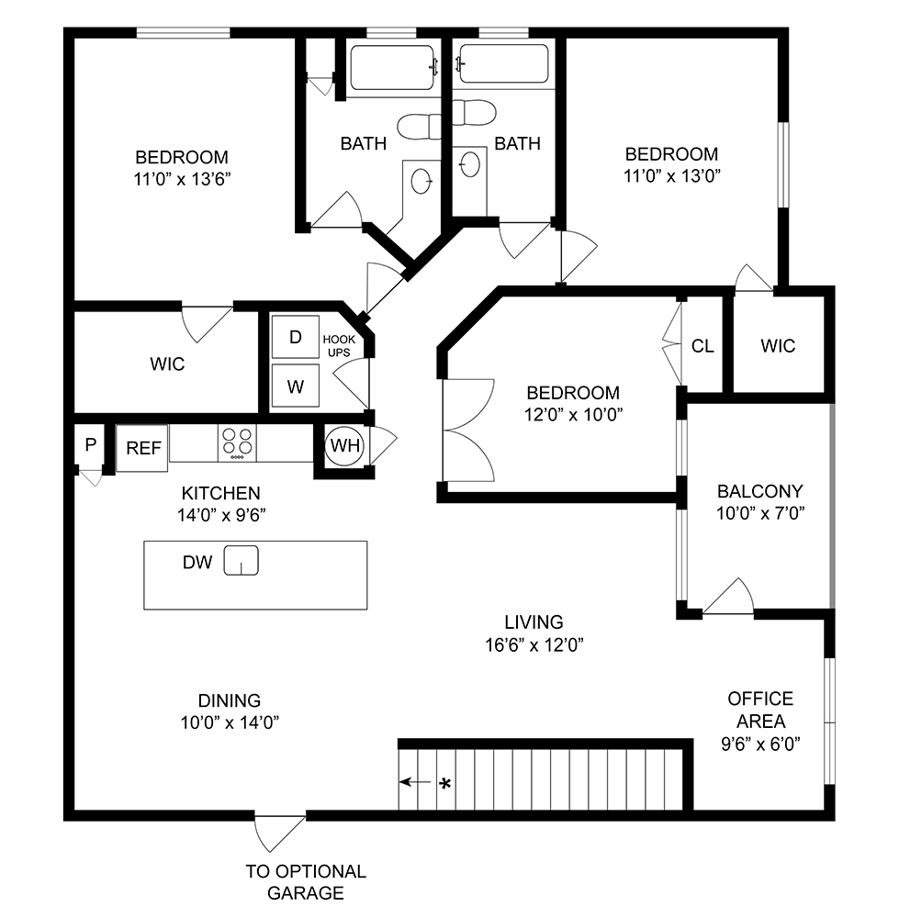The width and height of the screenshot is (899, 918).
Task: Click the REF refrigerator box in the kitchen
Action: [x=142, y=448]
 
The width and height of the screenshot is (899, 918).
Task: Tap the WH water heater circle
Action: [x=345, y=446]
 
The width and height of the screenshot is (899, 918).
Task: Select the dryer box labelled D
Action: [x=295, y=337]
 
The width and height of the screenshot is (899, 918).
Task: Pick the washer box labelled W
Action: [x=295, y=386]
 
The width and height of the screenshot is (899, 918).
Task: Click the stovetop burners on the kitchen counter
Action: [x=237, y=443]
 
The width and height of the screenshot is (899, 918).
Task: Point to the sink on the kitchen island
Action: [x=242, y=559]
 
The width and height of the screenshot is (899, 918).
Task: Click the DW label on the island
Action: [x=197, y=563]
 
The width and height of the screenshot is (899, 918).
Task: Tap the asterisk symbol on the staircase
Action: [x=445, y=784]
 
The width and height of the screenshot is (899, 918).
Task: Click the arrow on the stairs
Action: [x=415, y=783]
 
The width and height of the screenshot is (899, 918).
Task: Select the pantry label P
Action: [x=90, y=445]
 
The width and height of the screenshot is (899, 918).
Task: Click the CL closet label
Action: [x=702, y=346]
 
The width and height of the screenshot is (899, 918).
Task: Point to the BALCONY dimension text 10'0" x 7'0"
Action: [x=760, y=514]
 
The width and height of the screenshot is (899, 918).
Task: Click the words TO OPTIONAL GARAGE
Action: [x=306, y=882]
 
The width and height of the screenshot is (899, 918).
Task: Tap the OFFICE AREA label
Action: [x=760, y=710]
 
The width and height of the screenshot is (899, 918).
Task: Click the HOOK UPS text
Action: [x=339, y=346]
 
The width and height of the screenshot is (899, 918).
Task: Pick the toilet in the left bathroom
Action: [x=419, y=125]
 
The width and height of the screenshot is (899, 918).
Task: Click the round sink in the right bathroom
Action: [x=468, y=163]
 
